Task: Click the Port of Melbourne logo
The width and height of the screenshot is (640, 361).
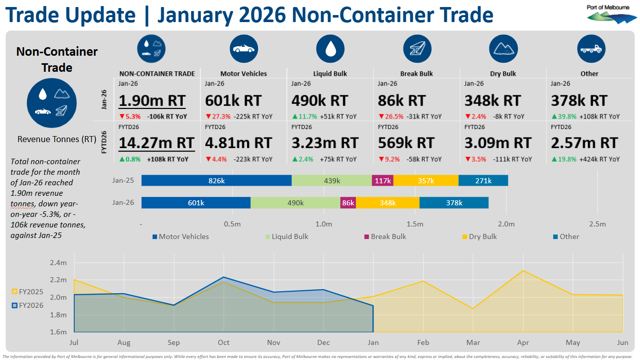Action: point(611,15)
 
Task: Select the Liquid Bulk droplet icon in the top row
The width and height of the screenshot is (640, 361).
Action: point(330,49)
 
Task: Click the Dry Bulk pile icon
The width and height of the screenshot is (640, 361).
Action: point(503,49)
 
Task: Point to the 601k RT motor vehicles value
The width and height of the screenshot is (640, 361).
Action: point(233,100)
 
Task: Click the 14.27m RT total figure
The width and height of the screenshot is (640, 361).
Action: point(156,143)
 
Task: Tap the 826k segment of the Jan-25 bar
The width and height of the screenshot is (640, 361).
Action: point(216,181)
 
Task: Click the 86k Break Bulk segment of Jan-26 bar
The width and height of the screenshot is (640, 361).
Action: point(348,203)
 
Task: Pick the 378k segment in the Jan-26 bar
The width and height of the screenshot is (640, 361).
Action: point(454,203)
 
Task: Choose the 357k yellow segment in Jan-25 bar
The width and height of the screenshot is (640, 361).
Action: point(426,181)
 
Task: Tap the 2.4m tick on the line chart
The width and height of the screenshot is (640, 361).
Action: point(58,263)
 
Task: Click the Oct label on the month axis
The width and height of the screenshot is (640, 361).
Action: point(223,342)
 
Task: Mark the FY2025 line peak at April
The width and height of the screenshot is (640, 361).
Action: point(523,271)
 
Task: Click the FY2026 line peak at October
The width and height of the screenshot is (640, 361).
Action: point(223,277)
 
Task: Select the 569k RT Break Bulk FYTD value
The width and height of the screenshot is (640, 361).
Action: point(406,143)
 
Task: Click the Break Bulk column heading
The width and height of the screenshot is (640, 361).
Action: point(416,73)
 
